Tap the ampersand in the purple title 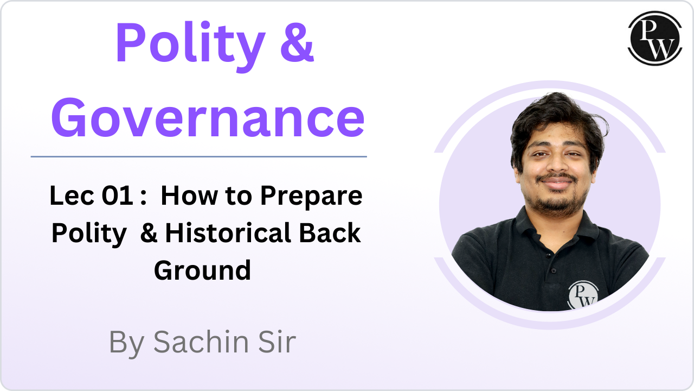[x=297, y=43]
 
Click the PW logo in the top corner [x=654, y=39]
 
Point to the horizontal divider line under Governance [x=198, y=156]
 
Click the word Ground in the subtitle [x=203, y=270]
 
